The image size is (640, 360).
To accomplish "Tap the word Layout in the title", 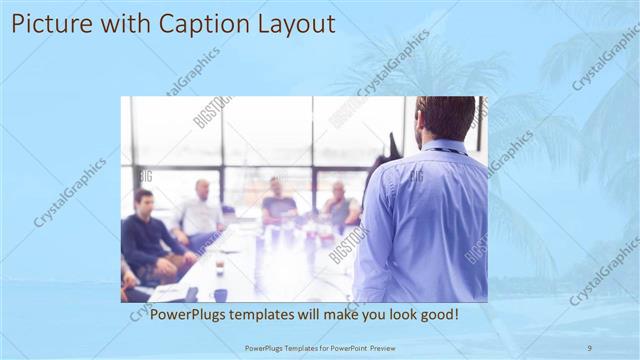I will click(x=297, y=23).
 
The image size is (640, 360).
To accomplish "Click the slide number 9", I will click(x=589, y=347).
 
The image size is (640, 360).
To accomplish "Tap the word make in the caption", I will click(x=338, y=314).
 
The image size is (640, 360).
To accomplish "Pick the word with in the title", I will click(x=121, y=23).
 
